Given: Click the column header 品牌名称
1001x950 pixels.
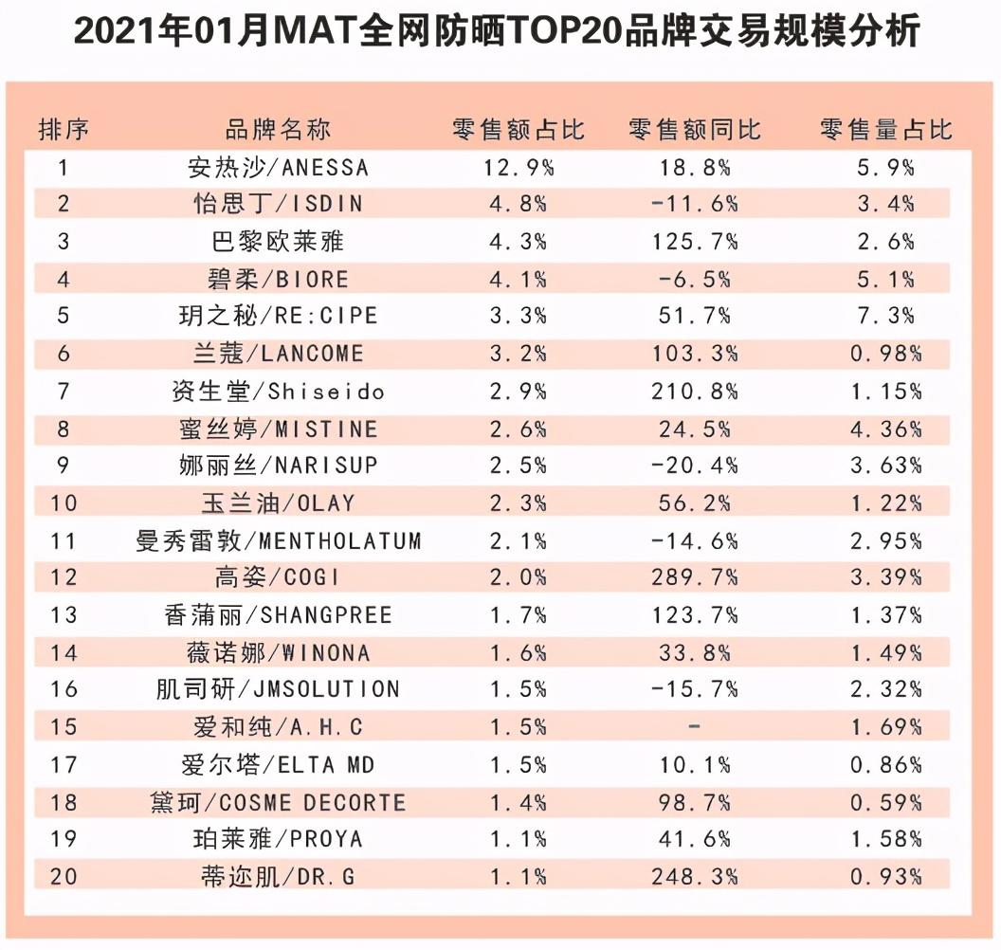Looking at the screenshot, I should (278, 129).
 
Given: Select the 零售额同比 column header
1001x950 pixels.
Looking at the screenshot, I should (694, 129).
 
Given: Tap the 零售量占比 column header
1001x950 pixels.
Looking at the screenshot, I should (885, 129).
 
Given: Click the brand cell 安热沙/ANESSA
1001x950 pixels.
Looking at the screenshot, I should (278, 169).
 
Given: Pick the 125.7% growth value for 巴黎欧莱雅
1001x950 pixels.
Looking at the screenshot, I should (694, 242).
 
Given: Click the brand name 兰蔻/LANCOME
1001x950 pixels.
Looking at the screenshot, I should (278, 354).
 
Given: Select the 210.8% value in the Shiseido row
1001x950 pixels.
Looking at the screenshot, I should (694, 391).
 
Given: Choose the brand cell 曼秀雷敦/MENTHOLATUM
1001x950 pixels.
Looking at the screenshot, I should (278, 540).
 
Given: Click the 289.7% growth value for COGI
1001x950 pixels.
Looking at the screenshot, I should (694, 577).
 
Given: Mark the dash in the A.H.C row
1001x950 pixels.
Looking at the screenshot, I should (694, 727).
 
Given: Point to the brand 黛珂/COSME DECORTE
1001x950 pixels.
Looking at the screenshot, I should (278, 803).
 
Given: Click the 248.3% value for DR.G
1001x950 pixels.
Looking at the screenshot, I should (694, 877).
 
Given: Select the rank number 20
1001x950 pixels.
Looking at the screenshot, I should (64, 877).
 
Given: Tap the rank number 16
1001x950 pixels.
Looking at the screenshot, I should (64, 689).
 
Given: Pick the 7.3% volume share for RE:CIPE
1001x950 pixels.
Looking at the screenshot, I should (885, 316).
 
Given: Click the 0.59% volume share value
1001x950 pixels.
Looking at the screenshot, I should (885, 803).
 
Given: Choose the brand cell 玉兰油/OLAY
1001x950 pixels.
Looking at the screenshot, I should (278, 502).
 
